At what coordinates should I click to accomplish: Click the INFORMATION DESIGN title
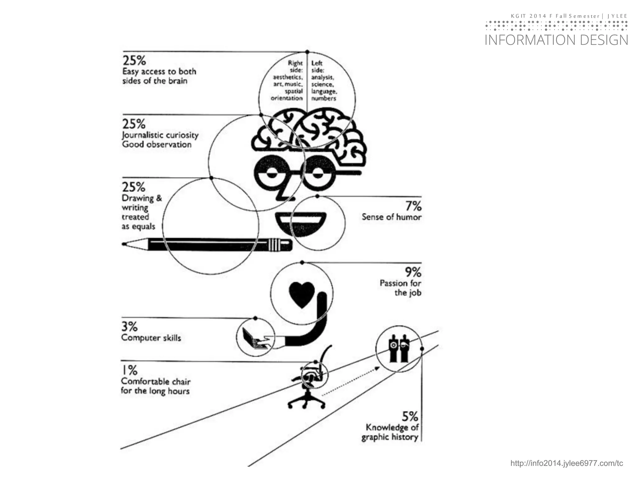(x=556, y=40)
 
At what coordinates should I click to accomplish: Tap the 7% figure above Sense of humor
(x=413, y=206)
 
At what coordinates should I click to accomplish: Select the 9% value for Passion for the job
(x=413, y=272)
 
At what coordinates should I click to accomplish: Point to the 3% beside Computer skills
(x=129, y=327)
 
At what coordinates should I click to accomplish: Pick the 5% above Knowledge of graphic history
(x=410, y=416)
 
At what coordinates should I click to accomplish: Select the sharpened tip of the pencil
(x=124, y=244)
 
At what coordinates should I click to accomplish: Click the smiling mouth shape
(x=301, y=224)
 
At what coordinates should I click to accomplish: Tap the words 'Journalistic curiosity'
(x=160, y=135)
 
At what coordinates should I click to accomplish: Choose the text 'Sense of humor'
(x=391, y=217)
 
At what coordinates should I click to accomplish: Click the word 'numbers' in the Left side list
(x=323, y=99)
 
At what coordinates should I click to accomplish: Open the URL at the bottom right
(x=566, y=463)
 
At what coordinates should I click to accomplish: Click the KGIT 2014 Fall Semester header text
(x=569, y=16)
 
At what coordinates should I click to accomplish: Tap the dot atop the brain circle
(x=307, y=52)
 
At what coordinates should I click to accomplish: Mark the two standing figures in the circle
(x=399, y=349)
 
